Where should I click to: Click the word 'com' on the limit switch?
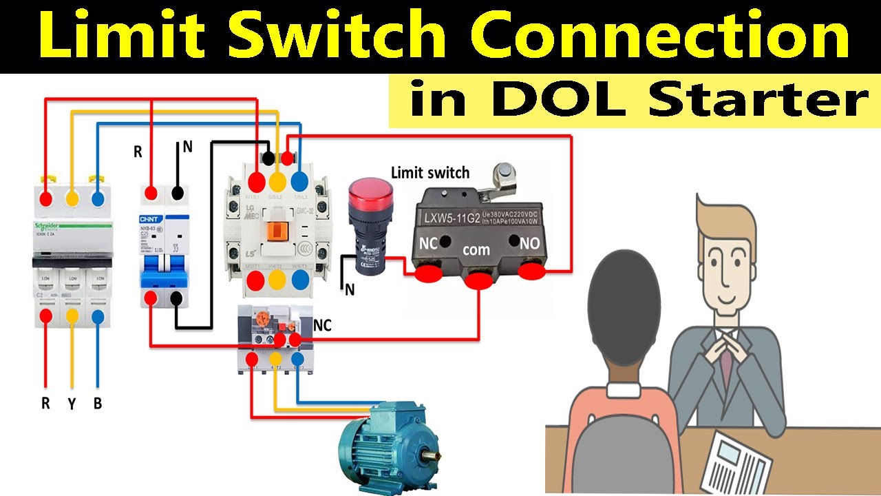(476, 249)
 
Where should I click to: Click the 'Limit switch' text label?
(430, 172)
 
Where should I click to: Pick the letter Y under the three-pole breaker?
(72, 404)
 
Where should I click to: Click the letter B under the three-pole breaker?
(98, 404)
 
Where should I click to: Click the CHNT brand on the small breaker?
(151, 219)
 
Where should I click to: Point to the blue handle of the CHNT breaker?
(164, 278)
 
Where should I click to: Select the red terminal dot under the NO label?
(531, 273)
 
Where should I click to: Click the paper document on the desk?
(741, 462)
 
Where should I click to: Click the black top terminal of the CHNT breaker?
(178, 194)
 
